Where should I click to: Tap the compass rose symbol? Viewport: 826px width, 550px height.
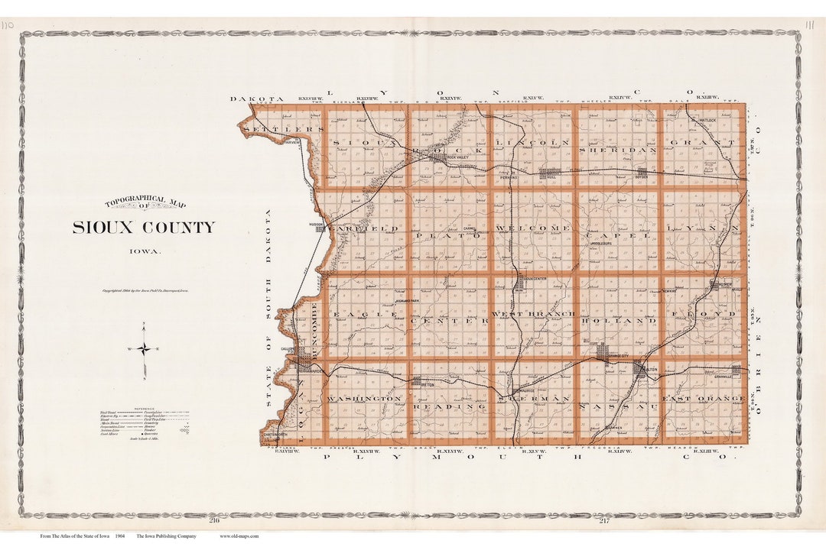click(x=144, y=349)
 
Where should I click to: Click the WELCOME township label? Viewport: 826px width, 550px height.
click(x=532, y=228)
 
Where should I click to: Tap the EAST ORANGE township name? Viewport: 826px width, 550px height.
click(x=703, y=399)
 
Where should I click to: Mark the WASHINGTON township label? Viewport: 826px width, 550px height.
click(x=364, y=399)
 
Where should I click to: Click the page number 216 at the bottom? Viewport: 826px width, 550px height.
click(x=214, y=520)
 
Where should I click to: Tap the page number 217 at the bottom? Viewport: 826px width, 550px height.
click(x=604, y=520)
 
